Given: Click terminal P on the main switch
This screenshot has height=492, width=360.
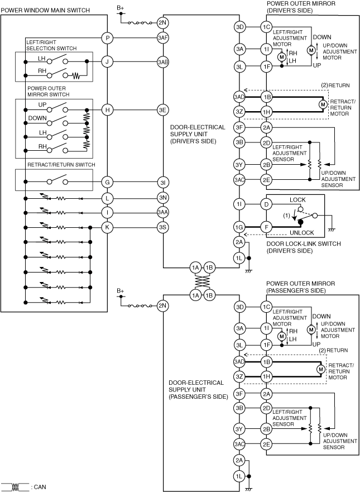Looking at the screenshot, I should click(107, 38).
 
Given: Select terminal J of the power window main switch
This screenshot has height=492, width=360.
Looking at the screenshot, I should click(107, 61).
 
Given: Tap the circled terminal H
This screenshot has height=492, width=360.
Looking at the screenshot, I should click(107, 110).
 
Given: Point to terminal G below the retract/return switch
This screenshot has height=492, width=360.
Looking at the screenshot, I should click(107, 182).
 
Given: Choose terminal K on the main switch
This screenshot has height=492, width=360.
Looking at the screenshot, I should click(107, 227).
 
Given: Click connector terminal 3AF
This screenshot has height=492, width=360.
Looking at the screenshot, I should click(162, 38).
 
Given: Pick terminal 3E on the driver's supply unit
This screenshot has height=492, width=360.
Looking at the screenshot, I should click(162, 110).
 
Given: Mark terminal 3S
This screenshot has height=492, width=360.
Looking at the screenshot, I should click(162, 227).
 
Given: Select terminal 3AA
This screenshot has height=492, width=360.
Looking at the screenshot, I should click(162, 212).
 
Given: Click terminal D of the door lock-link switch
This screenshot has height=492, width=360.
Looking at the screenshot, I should click(266, 205).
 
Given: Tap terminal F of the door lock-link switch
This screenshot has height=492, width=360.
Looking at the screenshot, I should click(266, 227).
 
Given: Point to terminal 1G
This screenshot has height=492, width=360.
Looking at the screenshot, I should click(239, 227).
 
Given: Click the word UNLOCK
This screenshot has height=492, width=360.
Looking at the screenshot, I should click(301, 232).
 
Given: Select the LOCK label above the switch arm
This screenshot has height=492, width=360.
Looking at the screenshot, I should click(298, 199).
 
